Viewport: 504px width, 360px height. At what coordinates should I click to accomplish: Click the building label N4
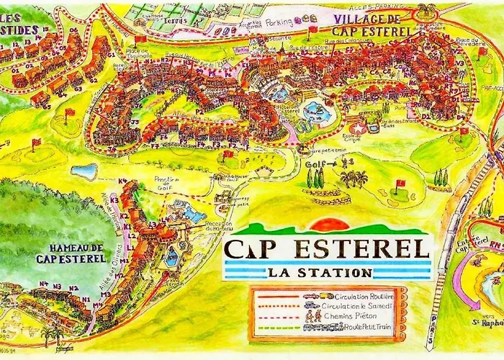43,284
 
